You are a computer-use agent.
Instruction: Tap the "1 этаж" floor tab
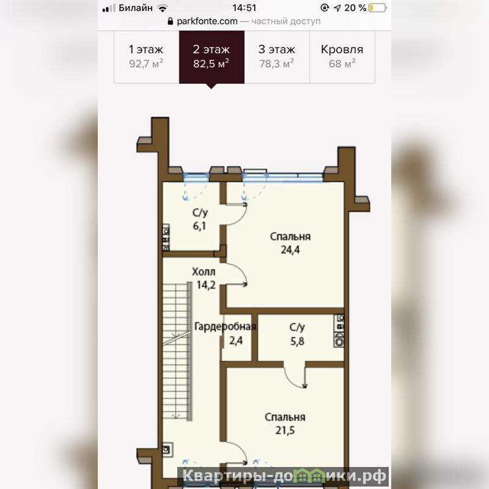click(x=146, y=57)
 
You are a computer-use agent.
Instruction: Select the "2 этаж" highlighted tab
click(x=211, y=57)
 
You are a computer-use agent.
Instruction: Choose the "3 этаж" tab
click(x=277, y=57)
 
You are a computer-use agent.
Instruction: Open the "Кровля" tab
click(x=342, y=57)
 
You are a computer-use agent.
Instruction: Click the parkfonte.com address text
click(x=207, y=21)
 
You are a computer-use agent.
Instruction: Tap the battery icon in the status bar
click(x=378, y=8)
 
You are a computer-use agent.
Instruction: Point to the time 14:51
click(x=244, y=8)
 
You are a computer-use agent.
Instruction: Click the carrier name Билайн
click(x=136, y=8)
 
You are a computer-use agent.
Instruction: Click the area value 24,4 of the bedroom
click(x=290, y=250)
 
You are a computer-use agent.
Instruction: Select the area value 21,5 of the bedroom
click(x=285, y=430)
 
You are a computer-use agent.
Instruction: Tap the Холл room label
click(x=204, y=272)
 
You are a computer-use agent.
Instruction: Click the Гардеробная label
click(x=225, y=326)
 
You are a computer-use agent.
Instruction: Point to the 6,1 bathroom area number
click(x=199, y=226)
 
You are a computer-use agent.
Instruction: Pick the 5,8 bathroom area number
click(x=297, y=341)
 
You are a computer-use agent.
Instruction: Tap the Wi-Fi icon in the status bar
click(x=163, y=8)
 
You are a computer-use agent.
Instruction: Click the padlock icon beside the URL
click(x=171, y=21)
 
